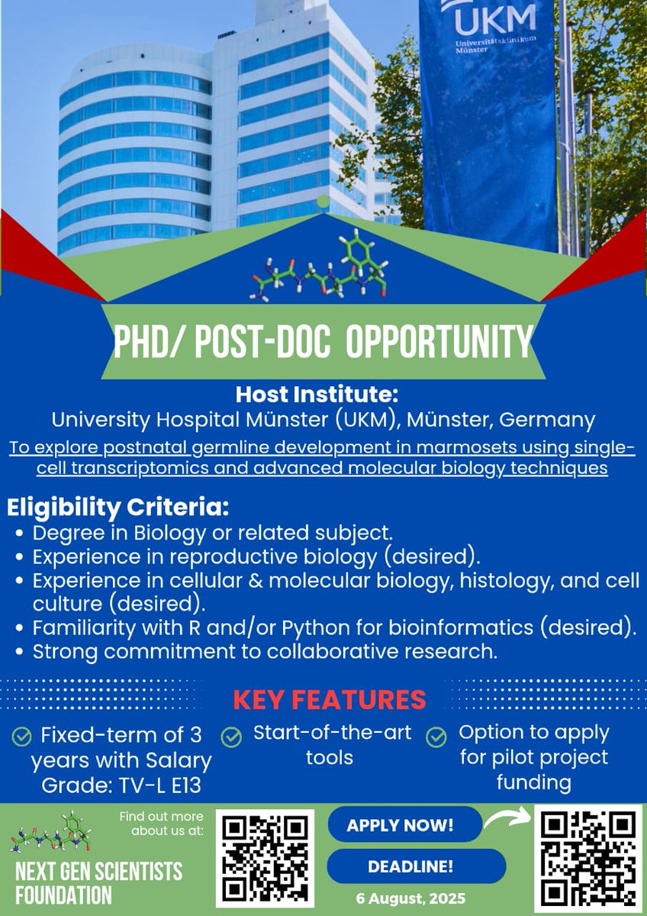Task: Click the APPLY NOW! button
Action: point(404,825)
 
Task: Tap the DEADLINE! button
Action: point(416,866)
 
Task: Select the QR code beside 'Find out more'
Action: point(265,859)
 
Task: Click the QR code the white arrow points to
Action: point(587,859)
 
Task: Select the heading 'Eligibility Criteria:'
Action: point(118,508)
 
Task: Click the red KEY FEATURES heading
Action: point(329,699)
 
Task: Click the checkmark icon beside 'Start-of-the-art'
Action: point(231,737)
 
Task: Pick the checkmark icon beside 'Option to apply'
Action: point(436,737)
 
